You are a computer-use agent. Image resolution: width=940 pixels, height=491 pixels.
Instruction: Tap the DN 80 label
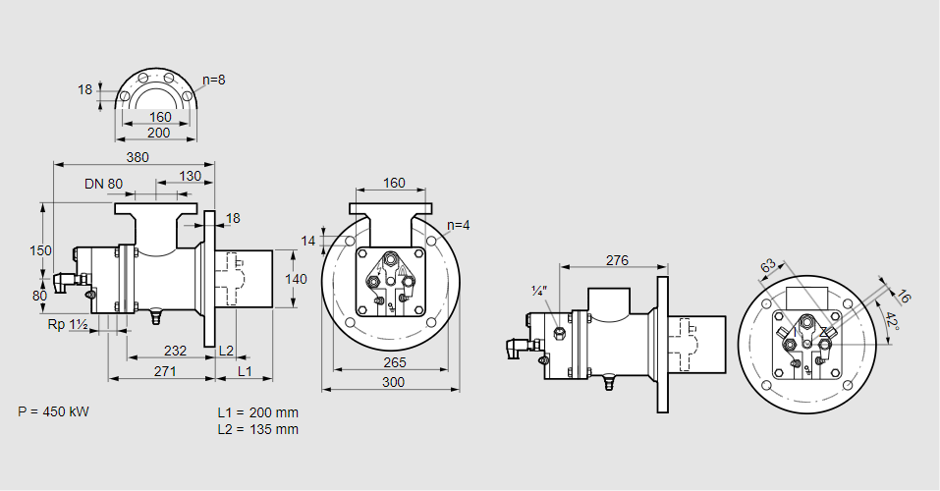103,184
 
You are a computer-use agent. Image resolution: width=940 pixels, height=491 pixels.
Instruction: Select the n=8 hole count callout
214,80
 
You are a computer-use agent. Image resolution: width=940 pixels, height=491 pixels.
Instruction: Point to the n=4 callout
458,225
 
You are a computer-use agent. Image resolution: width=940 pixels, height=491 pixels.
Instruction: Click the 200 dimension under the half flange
159,133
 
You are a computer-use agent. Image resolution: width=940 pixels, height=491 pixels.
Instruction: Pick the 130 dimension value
191,177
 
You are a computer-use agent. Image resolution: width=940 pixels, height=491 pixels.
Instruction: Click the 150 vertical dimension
40,250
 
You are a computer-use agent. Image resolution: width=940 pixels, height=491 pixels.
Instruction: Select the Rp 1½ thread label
68,325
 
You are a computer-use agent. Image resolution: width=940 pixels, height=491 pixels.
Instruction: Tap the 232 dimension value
175,351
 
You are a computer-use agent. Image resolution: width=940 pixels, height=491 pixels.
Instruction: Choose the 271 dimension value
164,371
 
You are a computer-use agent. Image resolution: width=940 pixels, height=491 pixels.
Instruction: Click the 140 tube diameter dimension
296,279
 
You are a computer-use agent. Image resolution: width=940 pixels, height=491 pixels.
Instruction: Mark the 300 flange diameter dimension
392,382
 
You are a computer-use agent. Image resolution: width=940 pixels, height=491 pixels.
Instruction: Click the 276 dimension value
616,260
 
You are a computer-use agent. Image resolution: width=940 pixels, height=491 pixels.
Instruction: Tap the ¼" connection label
538,291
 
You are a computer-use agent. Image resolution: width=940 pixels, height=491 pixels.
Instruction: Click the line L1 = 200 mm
257,412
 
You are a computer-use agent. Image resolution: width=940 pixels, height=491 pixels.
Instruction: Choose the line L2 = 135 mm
257,429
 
